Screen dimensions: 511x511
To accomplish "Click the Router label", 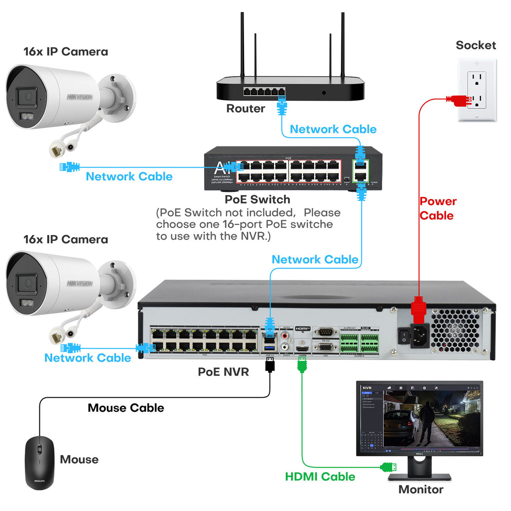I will (246, 108).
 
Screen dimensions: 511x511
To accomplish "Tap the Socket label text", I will (476, 45).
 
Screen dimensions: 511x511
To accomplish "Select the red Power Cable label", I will (437, 209).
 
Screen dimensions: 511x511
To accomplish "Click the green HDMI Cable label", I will (320, 477).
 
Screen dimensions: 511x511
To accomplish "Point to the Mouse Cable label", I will (126, 408).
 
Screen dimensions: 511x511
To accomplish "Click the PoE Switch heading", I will (257, 200).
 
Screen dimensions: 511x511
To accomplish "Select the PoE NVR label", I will (223, 372).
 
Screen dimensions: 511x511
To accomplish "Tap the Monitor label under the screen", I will (420, 490).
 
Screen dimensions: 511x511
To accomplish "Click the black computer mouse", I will (39, 462).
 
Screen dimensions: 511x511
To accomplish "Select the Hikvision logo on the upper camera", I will (80, 97).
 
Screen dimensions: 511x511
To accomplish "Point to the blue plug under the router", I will (282, 106).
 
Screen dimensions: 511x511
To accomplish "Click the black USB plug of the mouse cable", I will (270, 364).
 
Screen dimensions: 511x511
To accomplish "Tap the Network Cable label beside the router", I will (333, 129).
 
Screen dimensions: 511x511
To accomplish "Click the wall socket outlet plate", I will (477, 90).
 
